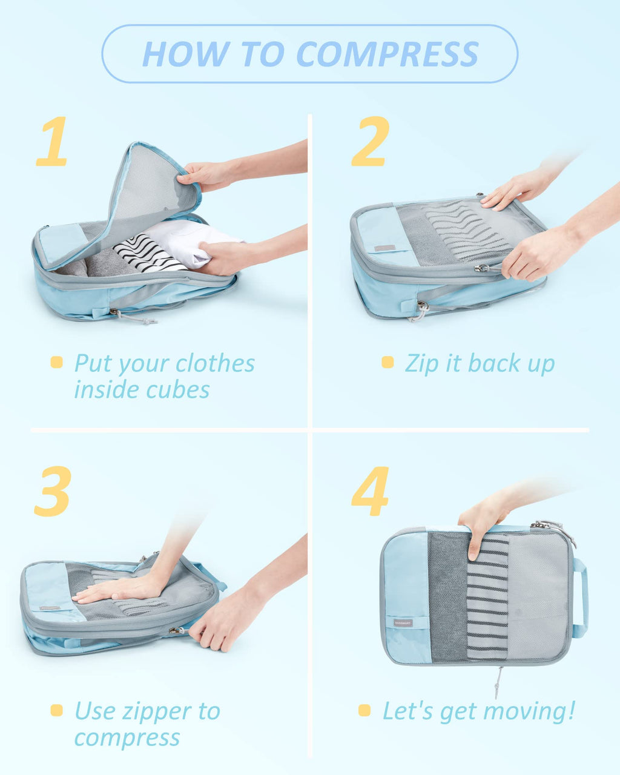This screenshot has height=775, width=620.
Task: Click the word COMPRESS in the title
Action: coord(387,54)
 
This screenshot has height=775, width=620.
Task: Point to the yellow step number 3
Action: coord(53,491)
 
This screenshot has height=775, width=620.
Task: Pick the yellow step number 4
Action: coord(370,491)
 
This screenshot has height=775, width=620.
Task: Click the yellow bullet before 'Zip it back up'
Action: coord(387,363)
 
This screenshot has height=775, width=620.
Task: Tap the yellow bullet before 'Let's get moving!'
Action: coord(364,710)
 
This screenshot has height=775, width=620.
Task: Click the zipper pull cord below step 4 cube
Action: coord(498,681)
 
